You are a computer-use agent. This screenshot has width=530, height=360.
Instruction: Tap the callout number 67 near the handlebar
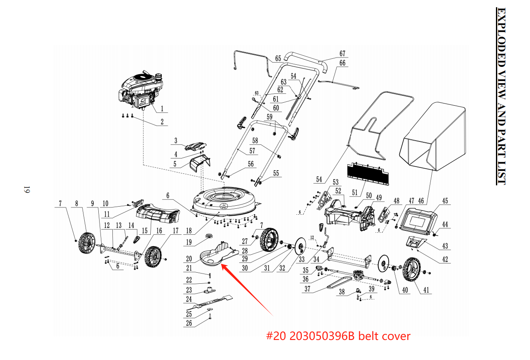342,54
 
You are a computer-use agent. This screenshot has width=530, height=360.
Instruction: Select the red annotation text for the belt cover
338,336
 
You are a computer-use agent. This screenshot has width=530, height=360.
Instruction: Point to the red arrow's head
223,265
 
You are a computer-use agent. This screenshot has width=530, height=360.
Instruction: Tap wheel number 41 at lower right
412,270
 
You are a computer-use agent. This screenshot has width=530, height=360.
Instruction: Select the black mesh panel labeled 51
369,172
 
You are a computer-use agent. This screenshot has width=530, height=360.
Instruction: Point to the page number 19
26,190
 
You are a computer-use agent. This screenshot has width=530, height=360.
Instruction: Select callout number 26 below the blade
189,323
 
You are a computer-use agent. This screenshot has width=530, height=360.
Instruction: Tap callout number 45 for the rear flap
445,201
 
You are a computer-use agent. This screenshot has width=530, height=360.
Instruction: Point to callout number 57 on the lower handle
252,151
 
